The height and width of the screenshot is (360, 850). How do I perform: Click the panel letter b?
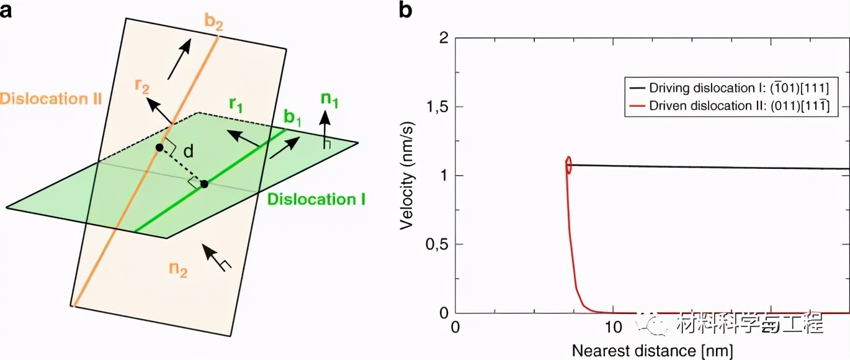[x=405, y=12]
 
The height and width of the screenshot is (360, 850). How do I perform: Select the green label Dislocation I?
[x=316, y=199]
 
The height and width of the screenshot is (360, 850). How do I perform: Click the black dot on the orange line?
[x=159, y=148]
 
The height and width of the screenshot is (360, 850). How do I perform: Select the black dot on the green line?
[x=204, y=184]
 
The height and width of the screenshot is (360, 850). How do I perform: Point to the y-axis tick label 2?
[x=442, y=38]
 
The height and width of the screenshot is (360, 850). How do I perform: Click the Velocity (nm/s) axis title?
[x=407, y=176]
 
